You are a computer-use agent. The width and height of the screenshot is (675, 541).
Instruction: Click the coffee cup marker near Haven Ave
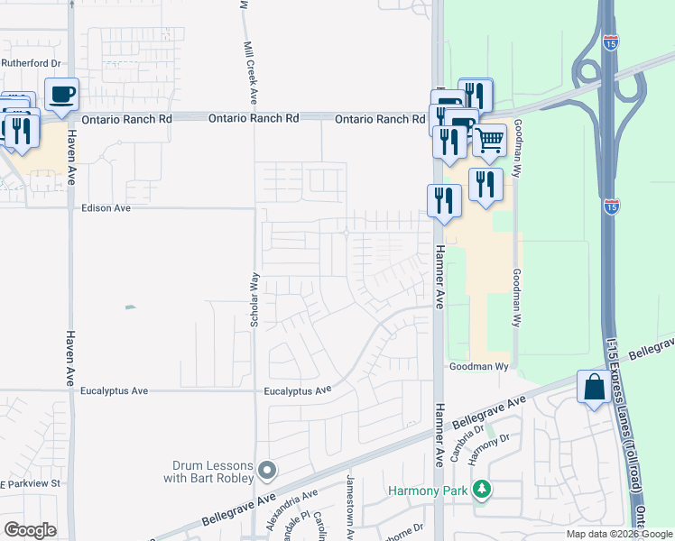[61, 95]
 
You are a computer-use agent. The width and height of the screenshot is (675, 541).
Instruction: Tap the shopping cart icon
[489, 140]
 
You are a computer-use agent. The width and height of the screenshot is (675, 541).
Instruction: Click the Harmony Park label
[430, 491]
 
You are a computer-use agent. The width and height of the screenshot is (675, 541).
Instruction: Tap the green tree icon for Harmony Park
[484, 489]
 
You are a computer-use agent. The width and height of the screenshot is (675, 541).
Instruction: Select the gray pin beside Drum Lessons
[267, 470]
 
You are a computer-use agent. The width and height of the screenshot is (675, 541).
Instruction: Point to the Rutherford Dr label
[30, 64]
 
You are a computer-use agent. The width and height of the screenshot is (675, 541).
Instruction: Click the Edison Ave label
[106, 207]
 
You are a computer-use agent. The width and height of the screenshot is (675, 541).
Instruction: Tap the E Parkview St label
[30, 483]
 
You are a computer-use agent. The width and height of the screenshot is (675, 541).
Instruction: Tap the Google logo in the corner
[30, 530]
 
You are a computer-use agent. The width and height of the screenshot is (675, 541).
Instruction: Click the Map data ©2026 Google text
[619, 534]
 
